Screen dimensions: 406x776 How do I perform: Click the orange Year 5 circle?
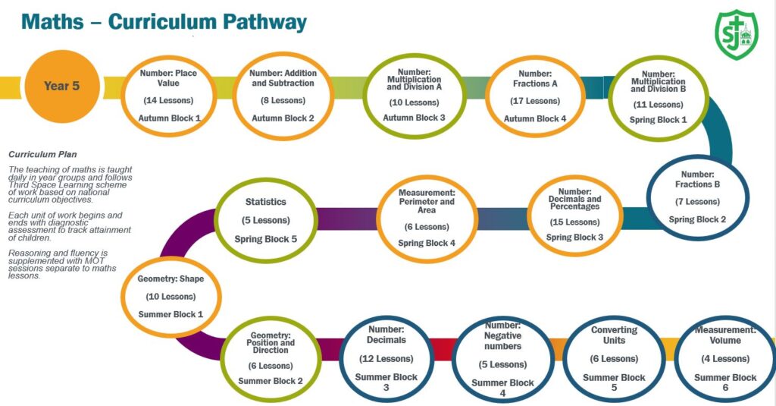pos(61,86)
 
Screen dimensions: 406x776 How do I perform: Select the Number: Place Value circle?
pos(169,94)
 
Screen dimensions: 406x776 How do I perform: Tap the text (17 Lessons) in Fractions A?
pos(537,101)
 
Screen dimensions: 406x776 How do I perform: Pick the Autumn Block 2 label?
pos(283,118)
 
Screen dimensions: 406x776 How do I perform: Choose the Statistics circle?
pos(266,219)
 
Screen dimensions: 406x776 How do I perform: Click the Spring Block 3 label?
pos(575,238)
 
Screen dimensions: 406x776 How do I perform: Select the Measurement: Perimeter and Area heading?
pos(427,201)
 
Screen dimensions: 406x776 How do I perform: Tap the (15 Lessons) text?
pos(575,222)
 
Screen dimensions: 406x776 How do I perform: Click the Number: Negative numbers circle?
pos(503,364)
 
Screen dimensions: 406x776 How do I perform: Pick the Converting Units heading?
pos(614,335)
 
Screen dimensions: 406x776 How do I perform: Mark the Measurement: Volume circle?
pos(725,360)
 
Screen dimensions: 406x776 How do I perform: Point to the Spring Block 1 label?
pos(659,120)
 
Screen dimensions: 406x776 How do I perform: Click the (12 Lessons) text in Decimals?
pos(386,359)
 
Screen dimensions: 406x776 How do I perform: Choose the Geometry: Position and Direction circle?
pos(271,357)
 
